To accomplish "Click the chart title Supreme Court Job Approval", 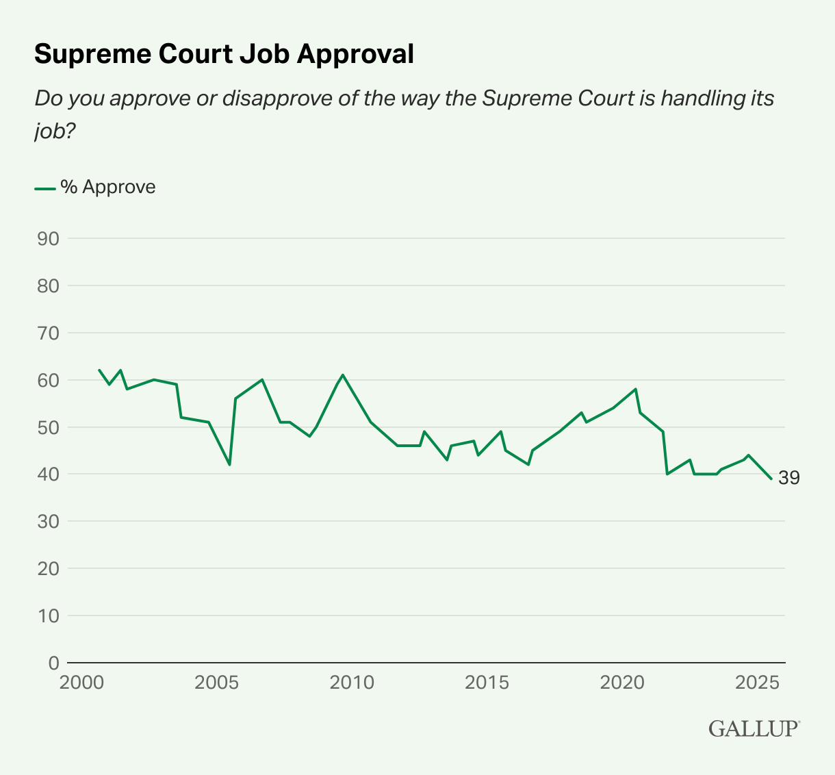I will click(x=224, y=54).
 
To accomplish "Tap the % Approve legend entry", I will click(x=96, y=187).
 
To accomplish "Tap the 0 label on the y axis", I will click(x=53, y=663).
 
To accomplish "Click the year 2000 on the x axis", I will click(x=81, y=683).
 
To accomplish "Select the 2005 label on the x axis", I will click(x=216, y=683).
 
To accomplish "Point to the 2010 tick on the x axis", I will click(x=351, y=683).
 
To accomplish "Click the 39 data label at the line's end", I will click(x=788, y=478).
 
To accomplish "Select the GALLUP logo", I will click(x=754, y=728).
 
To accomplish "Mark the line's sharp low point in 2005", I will click(x=230, y=465).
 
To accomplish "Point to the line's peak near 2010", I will click(x=343, y=375).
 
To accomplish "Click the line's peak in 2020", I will click(x=637, y=389).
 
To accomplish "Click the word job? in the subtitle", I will click(x=54, y=131).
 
